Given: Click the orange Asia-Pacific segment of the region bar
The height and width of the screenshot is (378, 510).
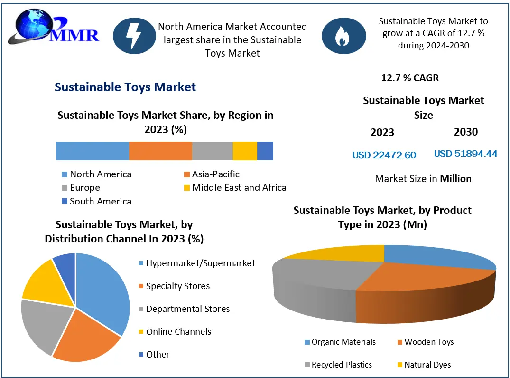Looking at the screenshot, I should pos(160,151).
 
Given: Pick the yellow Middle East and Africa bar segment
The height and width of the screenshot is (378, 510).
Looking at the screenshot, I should pos(245,151).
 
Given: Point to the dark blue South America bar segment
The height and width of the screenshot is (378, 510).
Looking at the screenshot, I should pos(265,151).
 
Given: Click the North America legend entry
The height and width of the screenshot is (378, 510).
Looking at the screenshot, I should pos(100,174).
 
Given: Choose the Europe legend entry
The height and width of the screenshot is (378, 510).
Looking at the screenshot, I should pos(84,187).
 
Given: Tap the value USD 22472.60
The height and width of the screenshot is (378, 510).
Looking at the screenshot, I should pos(384,155).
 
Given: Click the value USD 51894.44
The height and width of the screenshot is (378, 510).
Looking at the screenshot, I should pos(465,154).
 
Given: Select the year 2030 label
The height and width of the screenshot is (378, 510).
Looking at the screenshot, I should pos(465,132).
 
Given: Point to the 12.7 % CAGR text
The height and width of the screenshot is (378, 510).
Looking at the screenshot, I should pos(410,78).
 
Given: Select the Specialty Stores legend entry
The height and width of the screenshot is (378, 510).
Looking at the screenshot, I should pos(177,286).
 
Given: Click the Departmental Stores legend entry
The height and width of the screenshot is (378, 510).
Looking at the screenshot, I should pos(187,309).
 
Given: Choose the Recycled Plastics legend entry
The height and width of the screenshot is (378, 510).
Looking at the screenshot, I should pos(341,365).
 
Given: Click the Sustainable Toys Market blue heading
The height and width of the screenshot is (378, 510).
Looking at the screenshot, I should pos(125,87).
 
